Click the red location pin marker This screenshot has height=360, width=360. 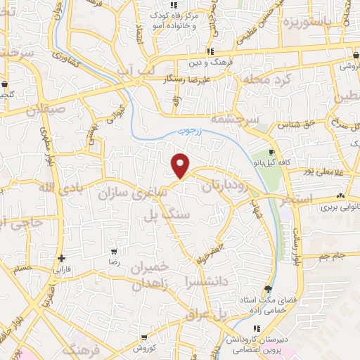point(181,165)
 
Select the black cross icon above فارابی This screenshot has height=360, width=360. point(62,258)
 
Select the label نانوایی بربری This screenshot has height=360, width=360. point(340,207)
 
